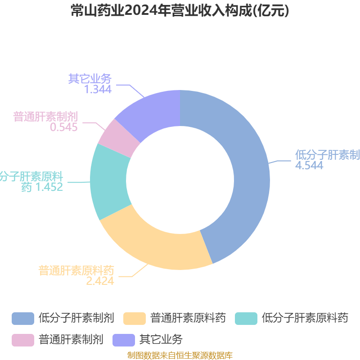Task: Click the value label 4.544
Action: (x=309, y=166)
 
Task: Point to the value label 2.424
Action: (x=100, y=281)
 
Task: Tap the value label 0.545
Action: (x=64, y=127)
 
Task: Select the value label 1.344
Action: (x=98, y=89)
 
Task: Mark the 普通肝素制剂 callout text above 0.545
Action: (x=45, y=117)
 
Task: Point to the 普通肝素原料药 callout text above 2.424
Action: (x=76, y=270)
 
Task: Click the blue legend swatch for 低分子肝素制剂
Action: (x=23, y=319)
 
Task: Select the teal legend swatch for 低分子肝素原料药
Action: (x=246, y=319)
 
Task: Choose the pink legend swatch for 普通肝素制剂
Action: (x=23, y=339)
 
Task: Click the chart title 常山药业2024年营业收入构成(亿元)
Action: (x=180, y=11)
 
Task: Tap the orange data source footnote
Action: (x=180, y=355)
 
